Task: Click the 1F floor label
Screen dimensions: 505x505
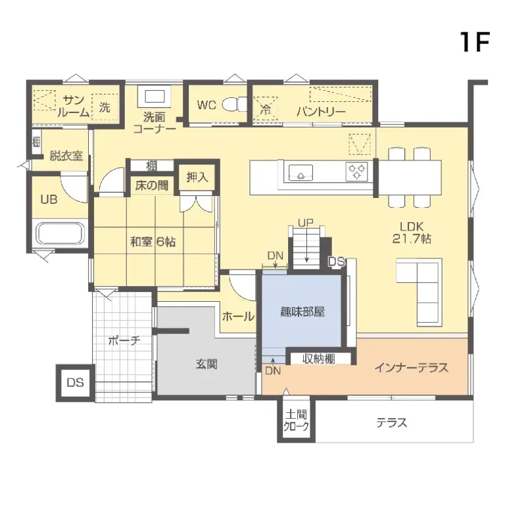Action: pyautogui.click(x=474, y=42)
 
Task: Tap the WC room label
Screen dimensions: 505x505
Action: pyautogui.click(x=206, y=105)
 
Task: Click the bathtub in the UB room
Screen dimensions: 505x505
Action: pyautogui.click(x=60, y=234)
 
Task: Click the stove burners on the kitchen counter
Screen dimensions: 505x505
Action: pyautogui.click(x=357, y=172)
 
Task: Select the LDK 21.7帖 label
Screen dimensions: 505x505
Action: pyautogui.click(x=412, y=232)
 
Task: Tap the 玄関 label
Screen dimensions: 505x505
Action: pyautogui.click(x=206, y=364)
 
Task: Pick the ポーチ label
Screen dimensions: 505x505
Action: pyautogui.click(x=124, y=341)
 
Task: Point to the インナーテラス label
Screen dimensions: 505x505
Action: pyautogui.click(x=411, y=368)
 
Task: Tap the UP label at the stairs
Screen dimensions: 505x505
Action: pyautogui.click(x=304, y=223)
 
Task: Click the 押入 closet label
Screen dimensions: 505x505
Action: pyautogui.click(x=197, y=177)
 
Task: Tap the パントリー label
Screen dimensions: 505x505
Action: pyautogui.click(x=320, y=111)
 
